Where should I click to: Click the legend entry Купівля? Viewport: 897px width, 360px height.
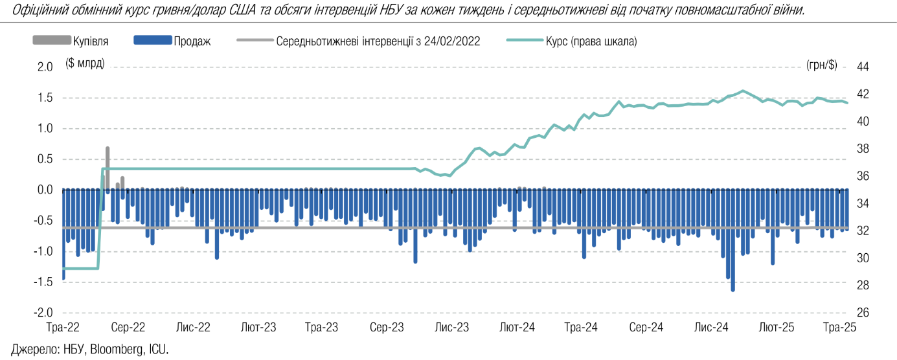coord(90,41)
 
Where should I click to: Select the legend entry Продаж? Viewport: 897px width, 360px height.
coord(192,41)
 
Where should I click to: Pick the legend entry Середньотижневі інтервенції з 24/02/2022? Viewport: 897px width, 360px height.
coord(378,41)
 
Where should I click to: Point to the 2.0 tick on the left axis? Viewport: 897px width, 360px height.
coord(45,67)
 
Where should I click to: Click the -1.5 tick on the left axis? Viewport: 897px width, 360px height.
coord(43,282)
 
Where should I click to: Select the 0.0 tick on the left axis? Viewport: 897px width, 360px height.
coord(45,190)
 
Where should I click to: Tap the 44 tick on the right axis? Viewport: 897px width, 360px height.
coord(863,67)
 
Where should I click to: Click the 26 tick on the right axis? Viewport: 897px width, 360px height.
coord(863,312)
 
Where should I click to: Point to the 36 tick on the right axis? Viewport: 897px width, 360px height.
coord(863,176)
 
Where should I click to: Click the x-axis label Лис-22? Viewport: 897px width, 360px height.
coord(194,328)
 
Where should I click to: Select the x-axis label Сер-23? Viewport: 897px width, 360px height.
coord(387,328)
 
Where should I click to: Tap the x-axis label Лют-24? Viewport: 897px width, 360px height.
coord(517,328)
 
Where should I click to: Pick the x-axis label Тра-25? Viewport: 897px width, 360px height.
coord(841,328)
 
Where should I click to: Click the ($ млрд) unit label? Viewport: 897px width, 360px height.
coord(85,63)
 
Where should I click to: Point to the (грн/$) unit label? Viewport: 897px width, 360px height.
coord(822,63)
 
